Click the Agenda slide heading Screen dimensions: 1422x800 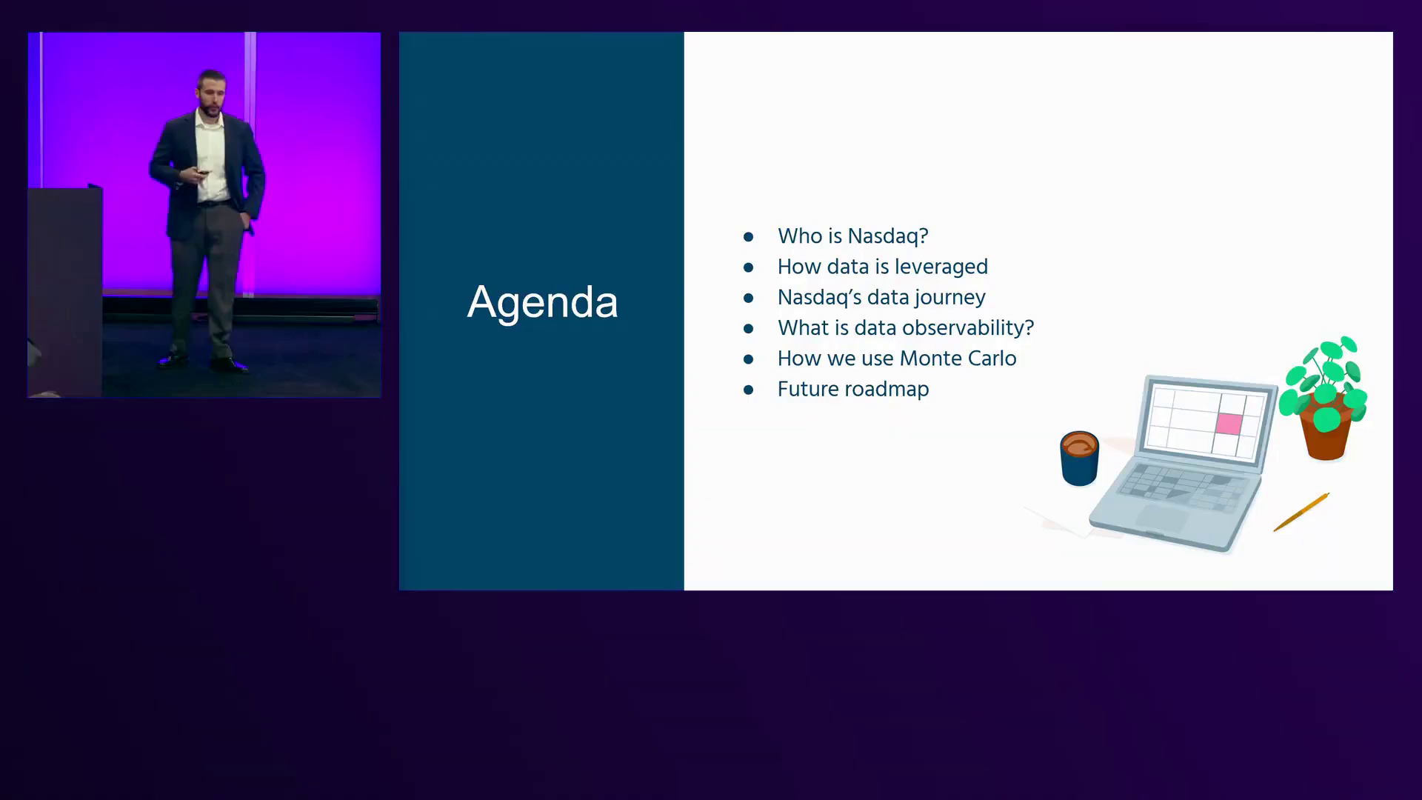542,303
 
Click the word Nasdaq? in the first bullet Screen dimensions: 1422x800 888,236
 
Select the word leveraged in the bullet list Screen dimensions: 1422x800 941,267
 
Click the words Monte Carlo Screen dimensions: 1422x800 958,359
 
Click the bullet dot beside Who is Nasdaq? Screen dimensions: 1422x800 749,237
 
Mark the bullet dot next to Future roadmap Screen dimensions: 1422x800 749,390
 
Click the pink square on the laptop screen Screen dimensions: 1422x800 1229,424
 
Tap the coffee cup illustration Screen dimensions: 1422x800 1079,459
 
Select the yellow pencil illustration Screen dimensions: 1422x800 1301,512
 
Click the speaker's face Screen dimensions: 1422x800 210,95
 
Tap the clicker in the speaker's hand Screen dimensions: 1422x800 202,172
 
